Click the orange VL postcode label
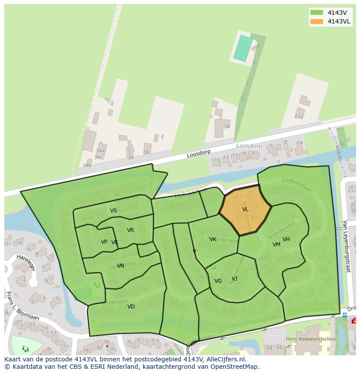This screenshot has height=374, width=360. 245,209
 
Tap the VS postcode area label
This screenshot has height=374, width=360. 113,211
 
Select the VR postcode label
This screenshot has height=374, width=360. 130,230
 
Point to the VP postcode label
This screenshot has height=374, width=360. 104,242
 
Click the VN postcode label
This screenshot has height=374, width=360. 120,266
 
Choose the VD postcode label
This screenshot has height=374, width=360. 131,307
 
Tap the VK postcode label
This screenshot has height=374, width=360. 213,239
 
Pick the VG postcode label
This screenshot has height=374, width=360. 218,281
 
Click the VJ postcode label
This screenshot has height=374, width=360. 234,279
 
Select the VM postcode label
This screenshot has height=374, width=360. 276,245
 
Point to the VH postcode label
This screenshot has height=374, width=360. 286,239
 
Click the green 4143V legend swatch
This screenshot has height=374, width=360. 317,13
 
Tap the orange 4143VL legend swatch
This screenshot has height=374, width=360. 317,21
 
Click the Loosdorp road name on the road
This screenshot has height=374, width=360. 199,154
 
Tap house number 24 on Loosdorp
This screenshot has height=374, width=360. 227,127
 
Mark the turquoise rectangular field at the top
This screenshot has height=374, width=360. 243,48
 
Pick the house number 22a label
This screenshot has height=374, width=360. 299,116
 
